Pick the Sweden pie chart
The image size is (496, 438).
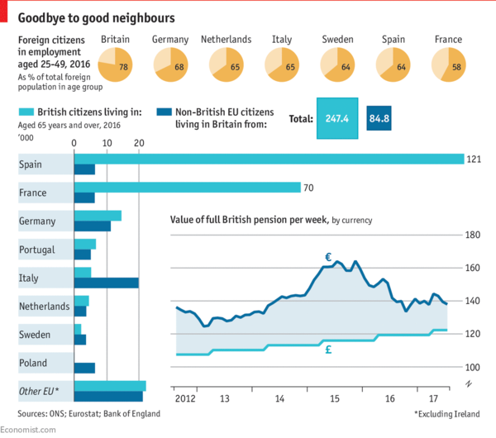337,64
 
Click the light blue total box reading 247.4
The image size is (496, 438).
336,118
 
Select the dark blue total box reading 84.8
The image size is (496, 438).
380,118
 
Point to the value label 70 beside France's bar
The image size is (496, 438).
308,188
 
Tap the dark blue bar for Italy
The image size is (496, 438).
106,283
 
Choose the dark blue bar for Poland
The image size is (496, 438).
84,368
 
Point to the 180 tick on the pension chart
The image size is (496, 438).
473,236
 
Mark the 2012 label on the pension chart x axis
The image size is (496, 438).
186,398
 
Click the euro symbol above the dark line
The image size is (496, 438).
327,257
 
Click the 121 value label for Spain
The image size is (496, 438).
473,159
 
